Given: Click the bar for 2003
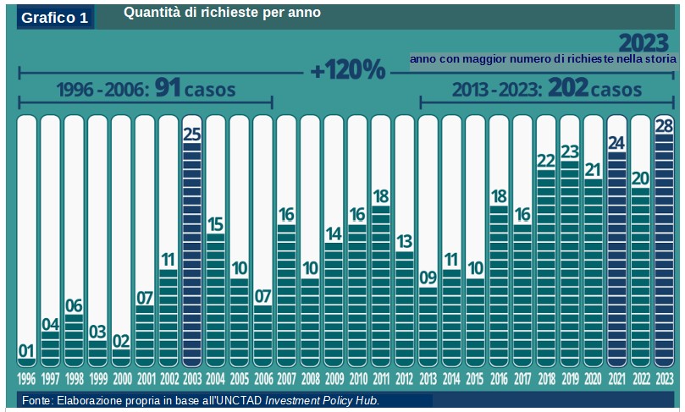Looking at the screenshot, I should (192, 254).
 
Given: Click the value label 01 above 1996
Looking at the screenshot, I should (26, 351).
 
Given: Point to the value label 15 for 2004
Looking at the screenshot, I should (215, 224).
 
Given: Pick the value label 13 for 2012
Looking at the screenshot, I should (404, 242).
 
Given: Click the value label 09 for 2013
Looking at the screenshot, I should (428, 277).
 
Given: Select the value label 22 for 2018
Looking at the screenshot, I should (545, 161).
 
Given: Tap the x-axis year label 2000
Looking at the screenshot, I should (121, 377).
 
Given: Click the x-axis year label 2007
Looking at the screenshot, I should (286, 377).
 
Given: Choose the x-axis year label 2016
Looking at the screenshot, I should (499, 377).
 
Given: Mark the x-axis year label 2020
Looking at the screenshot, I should (593, 377).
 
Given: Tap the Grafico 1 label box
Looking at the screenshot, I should (55, 18).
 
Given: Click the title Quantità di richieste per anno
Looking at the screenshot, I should (222, 13).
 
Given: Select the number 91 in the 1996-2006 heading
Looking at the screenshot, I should (168, 89).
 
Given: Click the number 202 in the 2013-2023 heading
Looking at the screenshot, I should (567, 87).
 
